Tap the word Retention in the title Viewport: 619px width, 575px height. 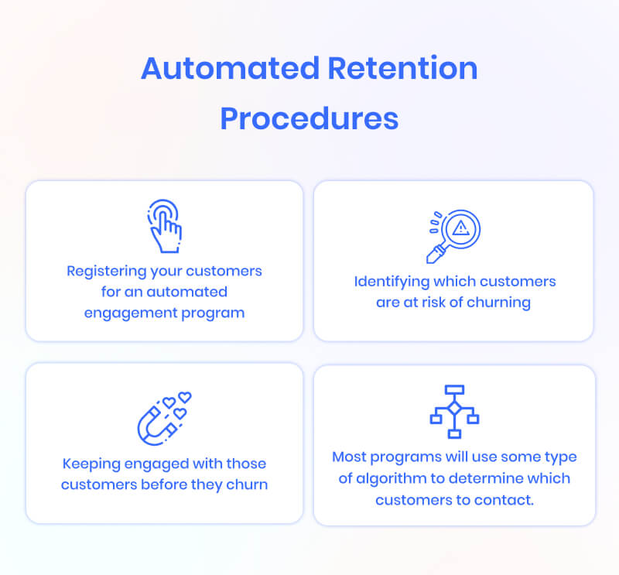[x=402, y=70]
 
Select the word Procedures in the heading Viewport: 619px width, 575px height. [x=309, y=118]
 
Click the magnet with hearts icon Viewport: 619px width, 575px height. [x=163, y=419]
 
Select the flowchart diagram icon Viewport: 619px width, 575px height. [x=454, y=410]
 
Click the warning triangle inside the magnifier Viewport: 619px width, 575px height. [x=461, y=228]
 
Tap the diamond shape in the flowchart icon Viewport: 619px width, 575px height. [x=454, y=407]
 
